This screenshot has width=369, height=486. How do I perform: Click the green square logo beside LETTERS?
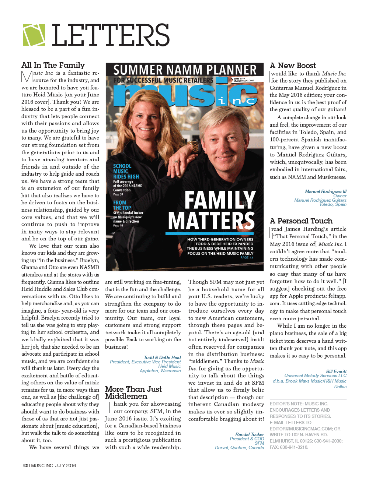[x=34, y=35]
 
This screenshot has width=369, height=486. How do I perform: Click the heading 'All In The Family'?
[x=53, y=65]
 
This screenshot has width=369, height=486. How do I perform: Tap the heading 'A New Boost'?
[x=293, y=66]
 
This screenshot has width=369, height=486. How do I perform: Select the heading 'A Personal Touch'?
[x=301, y=221]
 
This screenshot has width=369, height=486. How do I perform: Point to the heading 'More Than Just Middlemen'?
[x=133, y=392]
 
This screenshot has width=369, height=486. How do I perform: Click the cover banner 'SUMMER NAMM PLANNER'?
[x=185, y=70]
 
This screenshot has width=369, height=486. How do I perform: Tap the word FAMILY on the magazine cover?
[x=220, y=201]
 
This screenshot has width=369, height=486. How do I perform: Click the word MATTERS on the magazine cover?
[x=211, y=221]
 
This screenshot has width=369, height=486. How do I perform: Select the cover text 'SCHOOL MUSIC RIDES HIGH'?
[x=126, y=171]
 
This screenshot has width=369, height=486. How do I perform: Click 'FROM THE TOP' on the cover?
[x=122, y=205]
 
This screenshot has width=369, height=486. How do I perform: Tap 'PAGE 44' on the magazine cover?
[x=247, y=258]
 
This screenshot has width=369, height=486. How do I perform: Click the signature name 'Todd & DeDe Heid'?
[x=162, y=357]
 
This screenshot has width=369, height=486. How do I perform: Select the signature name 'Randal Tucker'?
[x=250, y=434]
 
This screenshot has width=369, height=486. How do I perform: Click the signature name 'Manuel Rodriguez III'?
[x=326, y=191]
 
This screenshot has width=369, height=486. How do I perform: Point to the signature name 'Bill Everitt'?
[x=336, y=371]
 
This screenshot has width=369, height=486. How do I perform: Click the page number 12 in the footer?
[x=25, y=466]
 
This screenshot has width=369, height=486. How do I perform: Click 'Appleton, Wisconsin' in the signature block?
[x=160, y=371]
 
